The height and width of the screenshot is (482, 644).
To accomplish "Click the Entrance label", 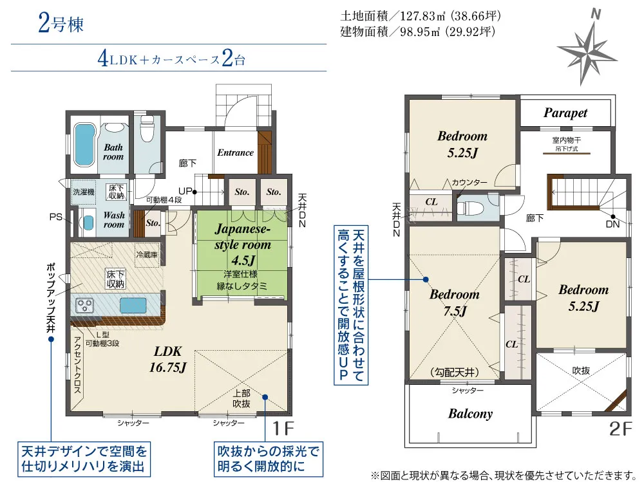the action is (x=235, y=153).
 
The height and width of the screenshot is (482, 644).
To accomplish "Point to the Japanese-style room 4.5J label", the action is (x=242, y=244).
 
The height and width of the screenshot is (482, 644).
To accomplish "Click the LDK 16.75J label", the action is (x=167, y=359).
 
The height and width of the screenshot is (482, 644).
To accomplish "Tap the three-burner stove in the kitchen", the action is (x=85, y=305).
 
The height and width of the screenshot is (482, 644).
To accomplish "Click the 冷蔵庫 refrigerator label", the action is (x=147, y=255).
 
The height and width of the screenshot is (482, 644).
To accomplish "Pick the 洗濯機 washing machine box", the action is (x=83, y=192).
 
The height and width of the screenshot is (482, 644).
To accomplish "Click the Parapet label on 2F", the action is (x=565, y=113).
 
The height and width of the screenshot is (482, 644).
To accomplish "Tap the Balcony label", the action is (x=470, y=413).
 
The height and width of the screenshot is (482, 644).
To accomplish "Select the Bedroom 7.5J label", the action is (x=455, y=302).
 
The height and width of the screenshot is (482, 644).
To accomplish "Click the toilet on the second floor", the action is (x=467, y=208).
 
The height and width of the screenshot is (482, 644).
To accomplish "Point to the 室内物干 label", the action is (x=566, y=140).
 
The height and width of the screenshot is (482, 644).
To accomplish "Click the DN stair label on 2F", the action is (x=612, y=224).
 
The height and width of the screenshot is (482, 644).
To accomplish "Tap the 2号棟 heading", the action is (x=61, y=23).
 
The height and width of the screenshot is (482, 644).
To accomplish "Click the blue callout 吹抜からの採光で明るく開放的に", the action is (x=268, y=459).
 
